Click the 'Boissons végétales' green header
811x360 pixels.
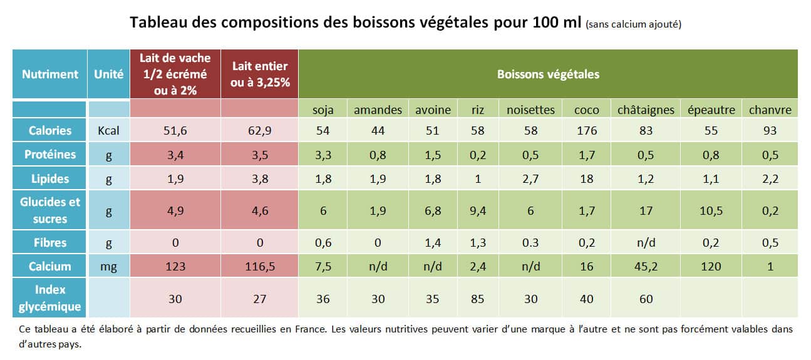pyautogui.click(x=548, y=74)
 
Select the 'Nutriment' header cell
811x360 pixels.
pyautogui.click(x=50, y=74)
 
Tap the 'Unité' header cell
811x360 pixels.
pyautogui.click(x=108, y=74)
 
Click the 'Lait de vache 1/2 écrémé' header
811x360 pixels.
pyautogui.click(x=175, y=74)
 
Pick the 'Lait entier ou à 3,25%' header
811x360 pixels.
pyautogui.click(x=259, y=74)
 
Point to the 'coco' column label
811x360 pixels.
pyautogui.click(x=586, y=110)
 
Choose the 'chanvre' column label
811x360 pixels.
pyautogui.click(x=770, y=110)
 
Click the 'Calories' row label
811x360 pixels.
pyautogui.click(x=50, y=130)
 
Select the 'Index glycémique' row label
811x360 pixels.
pyautogui.click(x=50, y=298)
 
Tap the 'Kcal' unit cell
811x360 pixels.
pyautogui.click(x=108, y=130)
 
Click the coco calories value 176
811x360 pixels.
pyautogui.click(x=586, y=130)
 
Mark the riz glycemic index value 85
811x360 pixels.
pyautogui.click(x=478, y=299)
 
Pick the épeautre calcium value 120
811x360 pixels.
pyautogui.click(x=711, y=266)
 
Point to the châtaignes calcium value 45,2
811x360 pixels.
pyautogui.click(x=646, y=266)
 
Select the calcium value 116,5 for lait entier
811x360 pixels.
pyautogui.click(x=259, y=266)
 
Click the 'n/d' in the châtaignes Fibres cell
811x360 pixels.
pyautogui.click(x=646, y=242)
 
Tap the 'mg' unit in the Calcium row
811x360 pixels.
pyautogui.click(x=108, y=266)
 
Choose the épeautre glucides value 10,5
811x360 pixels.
pyautogui.click(x=711, y=211)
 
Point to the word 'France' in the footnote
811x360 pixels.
pyautogui.click(x=307, y=329)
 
